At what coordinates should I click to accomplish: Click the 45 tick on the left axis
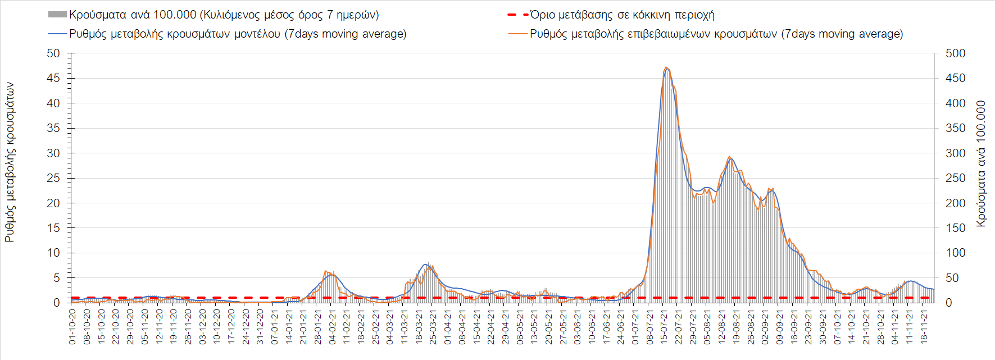(53, 78)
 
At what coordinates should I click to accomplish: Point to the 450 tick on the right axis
(955, 78)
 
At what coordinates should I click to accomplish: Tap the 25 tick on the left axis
(53, 178)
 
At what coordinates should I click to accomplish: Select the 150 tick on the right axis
(955, 228)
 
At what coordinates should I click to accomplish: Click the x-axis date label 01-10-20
(72, 326)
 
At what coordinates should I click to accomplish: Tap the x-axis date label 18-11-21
(924, 326)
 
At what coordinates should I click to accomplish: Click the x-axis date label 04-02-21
(332, 326)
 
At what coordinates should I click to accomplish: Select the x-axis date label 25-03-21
(433, 326)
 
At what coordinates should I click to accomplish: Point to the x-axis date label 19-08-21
(736, 326)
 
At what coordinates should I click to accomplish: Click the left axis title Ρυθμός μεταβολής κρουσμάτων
(10, 162)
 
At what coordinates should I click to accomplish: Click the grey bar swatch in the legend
(57, 15)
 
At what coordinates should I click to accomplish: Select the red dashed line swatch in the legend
(517, 15)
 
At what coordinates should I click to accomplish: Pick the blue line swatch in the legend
(57, 34)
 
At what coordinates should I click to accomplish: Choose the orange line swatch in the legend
(517, 34)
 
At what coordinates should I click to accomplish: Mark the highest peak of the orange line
(666, 67)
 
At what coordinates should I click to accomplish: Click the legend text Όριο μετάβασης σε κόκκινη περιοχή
(622, 15)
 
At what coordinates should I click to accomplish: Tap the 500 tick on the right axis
(955, 53)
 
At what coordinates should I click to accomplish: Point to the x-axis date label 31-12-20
(260, 326)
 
